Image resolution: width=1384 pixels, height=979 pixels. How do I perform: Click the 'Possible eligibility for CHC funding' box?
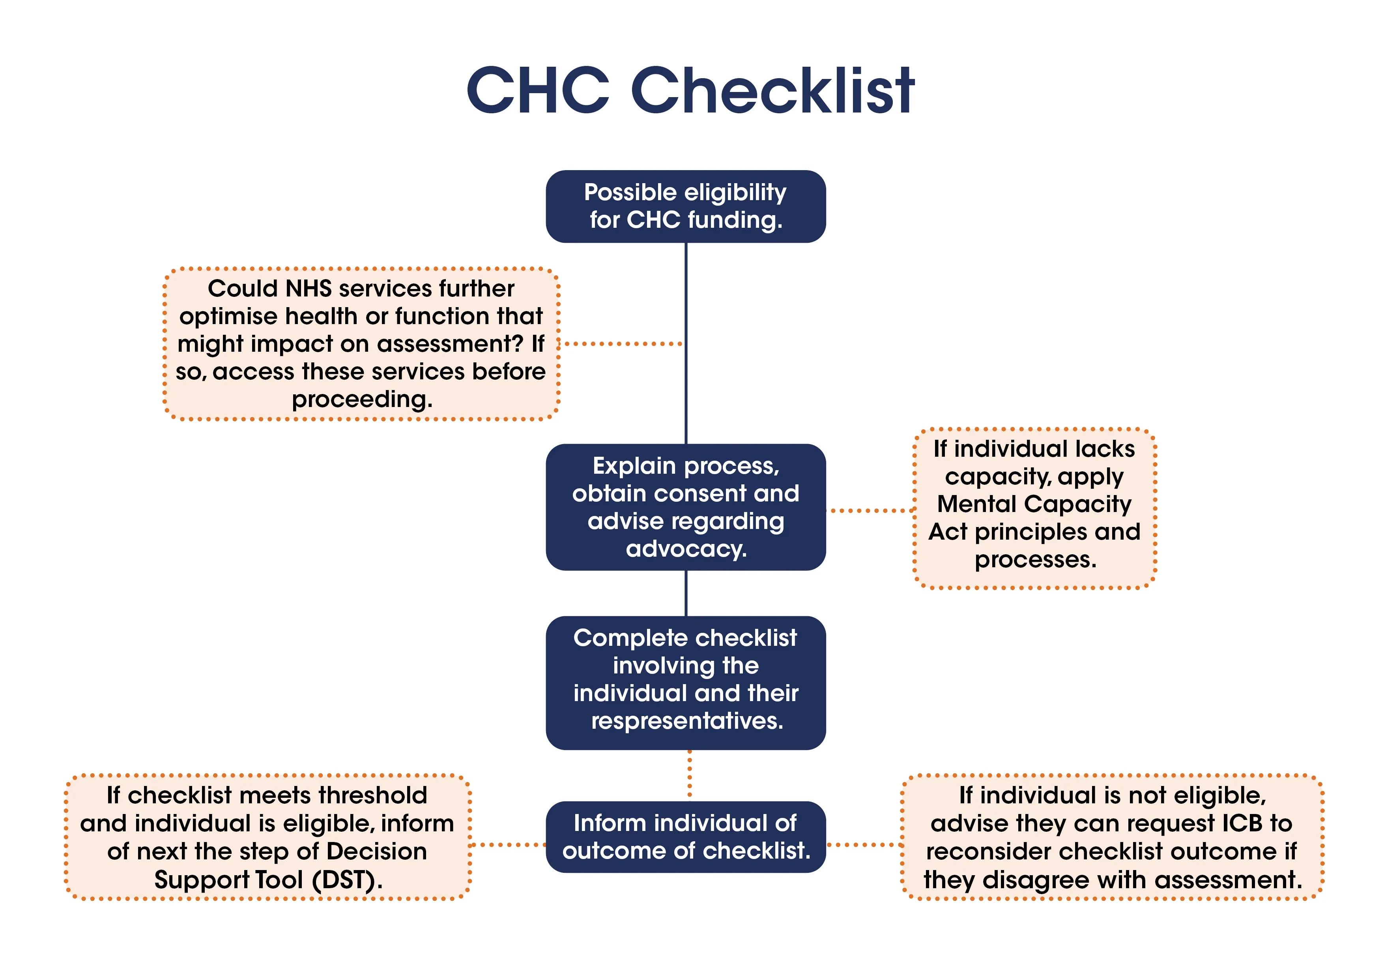tap(685, 206)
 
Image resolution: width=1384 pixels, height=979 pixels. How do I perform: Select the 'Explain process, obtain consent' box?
tap(685, 507)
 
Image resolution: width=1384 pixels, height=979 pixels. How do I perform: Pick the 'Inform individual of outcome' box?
tap(685, 836)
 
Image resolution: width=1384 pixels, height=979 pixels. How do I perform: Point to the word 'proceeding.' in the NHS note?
tap(362, 399)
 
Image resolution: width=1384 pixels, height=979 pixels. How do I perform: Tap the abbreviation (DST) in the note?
tap(347, 880)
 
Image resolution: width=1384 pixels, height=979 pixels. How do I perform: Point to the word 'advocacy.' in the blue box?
tap(686, 549)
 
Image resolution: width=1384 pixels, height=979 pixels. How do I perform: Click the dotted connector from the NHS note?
tap(621, 344)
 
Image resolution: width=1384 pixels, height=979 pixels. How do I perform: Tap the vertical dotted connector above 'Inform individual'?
tap(690, 775)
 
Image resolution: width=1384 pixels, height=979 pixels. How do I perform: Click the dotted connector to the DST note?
tap(507, 844)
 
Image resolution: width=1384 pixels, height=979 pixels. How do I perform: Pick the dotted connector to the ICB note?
tap(864, 844)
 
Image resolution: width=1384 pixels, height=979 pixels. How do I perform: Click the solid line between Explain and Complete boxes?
tap(686, 593)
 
